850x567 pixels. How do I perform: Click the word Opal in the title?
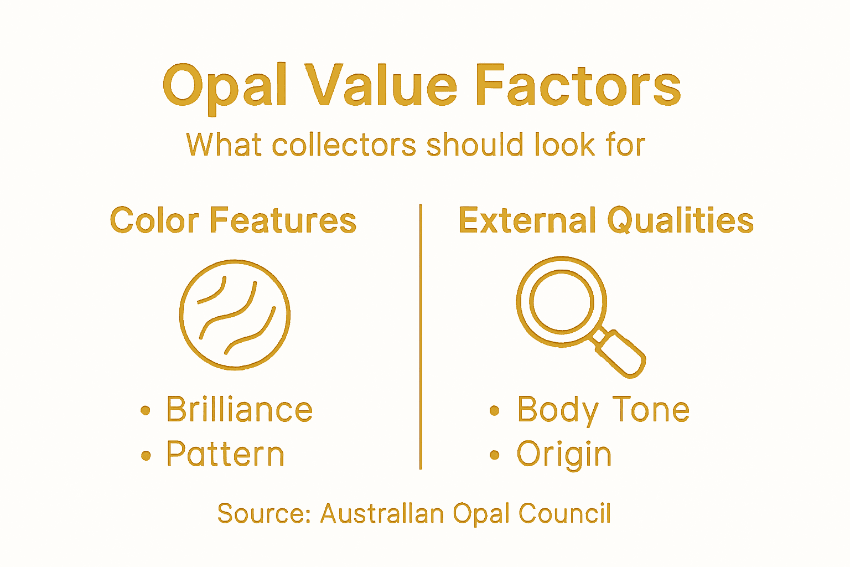point(224,86)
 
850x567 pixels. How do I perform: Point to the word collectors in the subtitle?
point(344,145)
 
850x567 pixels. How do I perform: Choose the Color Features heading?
point(233,220)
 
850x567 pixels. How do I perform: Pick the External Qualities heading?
point(606,220)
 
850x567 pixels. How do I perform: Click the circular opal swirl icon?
point(235,315)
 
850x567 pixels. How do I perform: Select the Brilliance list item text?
point(240,410)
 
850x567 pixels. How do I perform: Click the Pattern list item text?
point(225,454)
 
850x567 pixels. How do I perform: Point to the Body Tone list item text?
point(603,410)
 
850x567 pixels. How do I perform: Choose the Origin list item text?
point(564,455)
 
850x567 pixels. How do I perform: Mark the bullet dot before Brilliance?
point(146,410)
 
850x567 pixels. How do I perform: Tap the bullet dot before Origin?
point(494,455)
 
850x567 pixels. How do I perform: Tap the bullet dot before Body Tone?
point(494,410)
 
